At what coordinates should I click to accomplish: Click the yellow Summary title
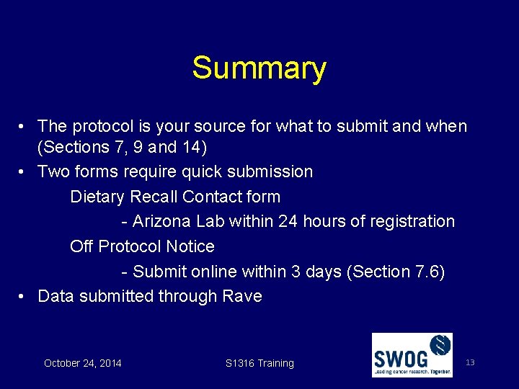click(259, 68)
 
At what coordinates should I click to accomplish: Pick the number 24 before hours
click(288, 222)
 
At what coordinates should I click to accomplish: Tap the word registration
click(410, 222)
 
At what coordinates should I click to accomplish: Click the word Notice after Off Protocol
click(190, 246)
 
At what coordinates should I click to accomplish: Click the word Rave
click(242, 296)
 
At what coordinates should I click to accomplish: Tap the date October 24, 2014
click(83, 363)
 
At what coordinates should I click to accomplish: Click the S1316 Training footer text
click(259, 363)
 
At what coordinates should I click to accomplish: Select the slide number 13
click(470, 362)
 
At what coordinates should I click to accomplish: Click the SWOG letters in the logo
click(400, 357)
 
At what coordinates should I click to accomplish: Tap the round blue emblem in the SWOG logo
click(438, 347)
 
